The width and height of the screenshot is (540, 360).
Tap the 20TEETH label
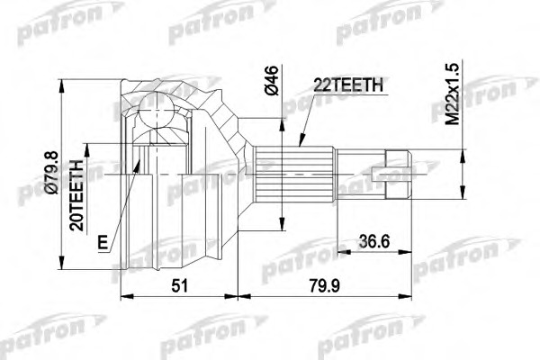click(76, 195)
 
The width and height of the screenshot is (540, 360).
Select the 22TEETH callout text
click(348, 85)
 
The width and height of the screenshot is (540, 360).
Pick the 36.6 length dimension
click(374, 241)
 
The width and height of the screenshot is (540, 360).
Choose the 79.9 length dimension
click(324, 286)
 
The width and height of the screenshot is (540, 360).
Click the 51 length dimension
click(180, 286)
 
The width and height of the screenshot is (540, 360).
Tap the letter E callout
click(103, 242)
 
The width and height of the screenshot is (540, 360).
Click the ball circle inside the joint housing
click(157, 110)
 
